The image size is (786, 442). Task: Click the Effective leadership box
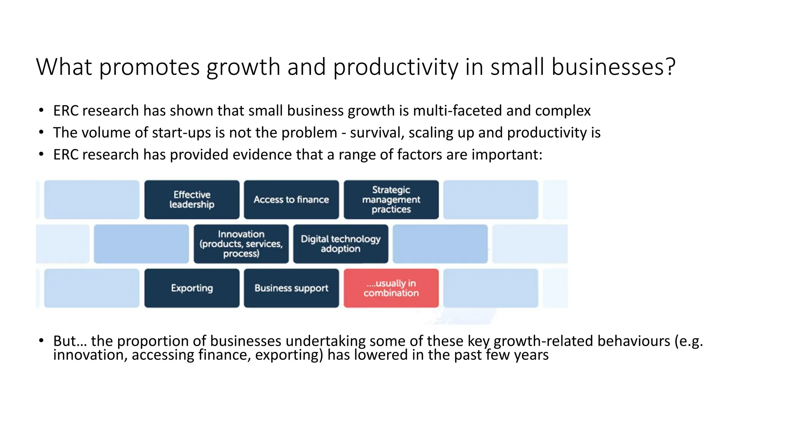tap(192, 200)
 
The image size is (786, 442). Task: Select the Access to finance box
tap(291, 200)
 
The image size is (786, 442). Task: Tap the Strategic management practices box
tap(391, 200)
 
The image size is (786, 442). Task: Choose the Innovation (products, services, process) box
tap(241, 244)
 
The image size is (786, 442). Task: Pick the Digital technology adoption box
tap(340, 244)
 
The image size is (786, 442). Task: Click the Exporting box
tap(192, 288)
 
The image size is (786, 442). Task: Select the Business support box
tap(291, 288)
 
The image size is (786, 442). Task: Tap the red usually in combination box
tap(391, 288)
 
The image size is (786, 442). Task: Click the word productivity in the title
tap(395, 68)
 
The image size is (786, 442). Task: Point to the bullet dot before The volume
tap(41, 133)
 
